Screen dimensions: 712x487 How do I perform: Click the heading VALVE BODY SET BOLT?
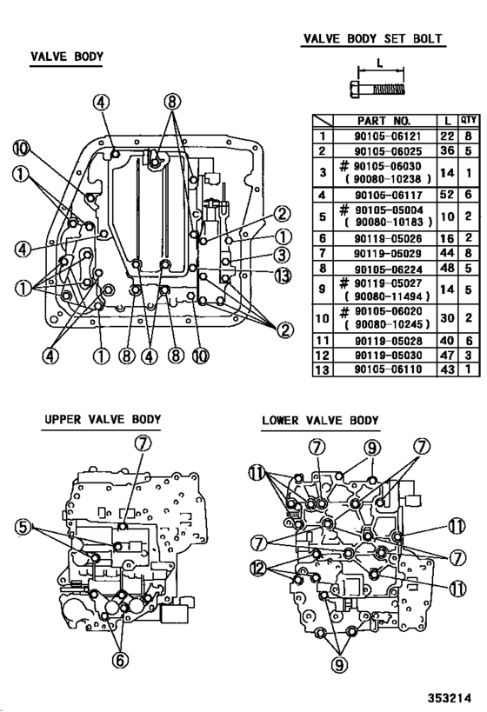click(372, 39)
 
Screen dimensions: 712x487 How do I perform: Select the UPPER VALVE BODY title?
click(103, 420)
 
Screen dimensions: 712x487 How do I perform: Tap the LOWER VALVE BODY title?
click(320, 421)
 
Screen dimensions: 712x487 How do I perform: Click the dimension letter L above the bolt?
click(380, 63)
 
